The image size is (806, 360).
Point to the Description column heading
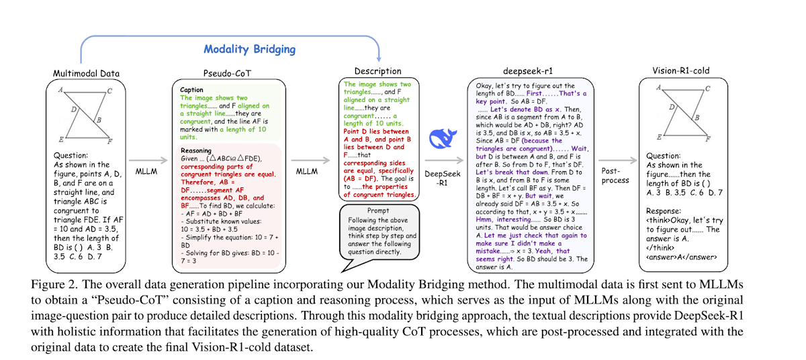[379, 71]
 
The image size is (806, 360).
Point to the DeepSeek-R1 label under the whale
[439, 179]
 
